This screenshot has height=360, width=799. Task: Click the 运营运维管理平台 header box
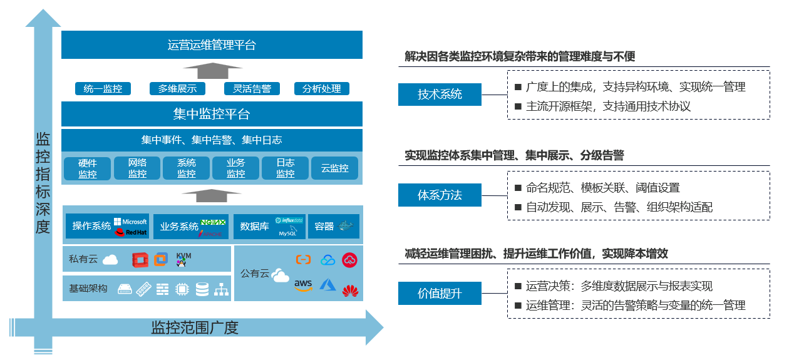tap(212, 45)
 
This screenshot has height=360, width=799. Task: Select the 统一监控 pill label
tap(103, 89)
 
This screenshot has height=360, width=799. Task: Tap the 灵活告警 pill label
tap(252, 89)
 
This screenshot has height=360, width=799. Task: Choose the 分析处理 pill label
tap(322, 89)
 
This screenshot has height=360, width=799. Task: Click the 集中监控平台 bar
tap(212, 115)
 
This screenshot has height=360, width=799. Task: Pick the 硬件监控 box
tap(88, 168)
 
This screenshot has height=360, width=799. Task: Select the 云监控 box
tap(335, 168)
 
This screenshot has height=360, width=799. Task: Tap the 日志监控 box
tap(286, 168)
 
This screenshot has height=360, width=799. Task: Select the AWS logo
tap(303, 285)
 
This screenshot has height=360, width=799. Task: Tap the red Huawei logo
tap(350, 290)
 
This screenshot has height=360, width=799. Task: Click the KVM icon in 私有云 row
tap(184, 259)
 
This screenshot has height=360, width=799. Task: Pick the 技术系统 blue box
tap(440, 95)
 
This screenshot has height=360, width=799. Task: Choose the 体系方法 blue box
tap(440, 195)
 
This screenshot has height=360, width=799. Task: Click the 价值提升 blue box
tap(440, 293)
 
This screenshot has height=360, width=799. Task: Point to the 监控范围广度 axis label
tap(195, 327)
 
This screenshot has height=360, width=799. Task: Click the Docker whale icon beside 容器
tap(346, 226)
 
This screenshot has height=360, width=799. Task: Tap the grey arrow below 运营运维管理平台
tap(211, 69)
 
